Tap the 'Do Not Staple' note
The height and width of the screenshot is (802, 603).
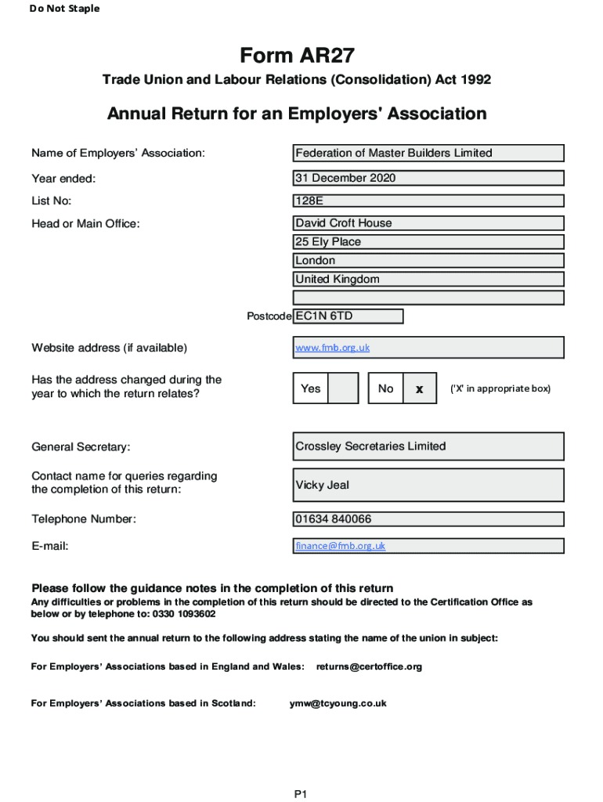point(65,9)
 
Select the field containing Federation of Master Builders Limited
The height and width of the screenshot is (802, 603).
point(428,153)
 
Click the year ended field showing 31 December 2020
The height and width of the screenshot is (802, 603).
point(428,178)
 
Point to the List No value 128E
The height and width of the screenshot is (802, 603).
point(428,201)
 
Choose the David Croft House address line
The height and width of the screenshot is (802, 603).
point(428,223)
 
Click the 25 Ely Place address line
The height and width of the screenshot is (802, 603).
point(428,242)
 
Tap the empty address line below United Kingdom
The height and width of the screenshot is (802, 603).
point(428,298)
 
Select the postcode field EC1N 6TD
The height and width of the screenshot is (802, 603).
point(348,316)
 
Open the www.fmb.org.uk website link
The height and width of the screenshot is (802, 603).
point(332,347)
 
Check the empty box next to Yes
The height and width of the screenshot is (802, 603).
point(343,388)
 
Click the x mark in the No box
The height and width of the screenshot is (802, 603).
point(420,388)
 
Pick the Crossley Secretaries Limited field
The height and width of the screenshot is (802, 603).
point(428,446)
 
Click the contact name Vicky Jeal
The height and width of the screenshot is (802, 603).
point(428,485)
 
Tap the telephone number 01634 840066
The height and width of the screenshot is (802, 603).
point(428,519)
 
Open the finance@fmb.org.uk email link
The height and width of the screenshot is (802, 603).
point(340,546)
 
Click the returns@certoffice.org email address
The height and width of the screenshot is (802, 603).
point(369,667)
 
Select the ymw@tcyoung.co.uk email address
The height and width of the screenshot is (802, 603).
point(338,703)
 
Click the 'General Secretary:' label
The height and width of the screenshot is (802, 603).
point(81,447)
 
